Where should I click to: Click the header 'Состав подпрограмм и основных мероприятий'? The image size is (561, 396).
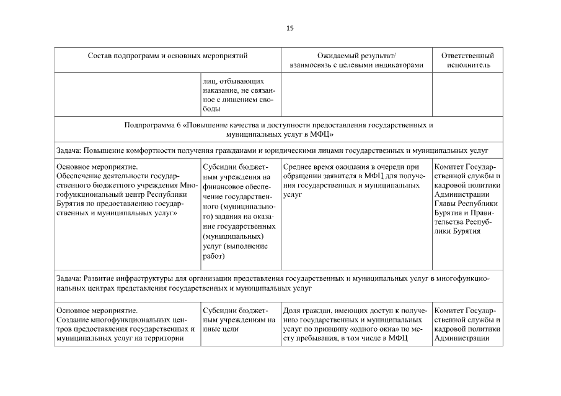[168, 56]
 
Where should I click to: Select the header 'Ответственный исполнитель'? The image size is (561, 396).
[467, 60]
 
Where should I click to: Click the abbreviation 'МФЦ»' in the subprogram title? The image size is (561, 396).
[324, 134]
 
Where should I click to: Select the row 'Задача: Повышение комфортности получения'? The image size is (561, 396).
[273, 150]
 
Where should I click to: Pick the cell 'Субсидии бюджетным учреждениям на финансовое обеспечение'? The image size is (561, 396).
[234, 210]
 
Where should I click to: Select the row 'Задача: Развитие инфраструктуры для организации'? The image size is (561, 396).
[273, 284]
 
